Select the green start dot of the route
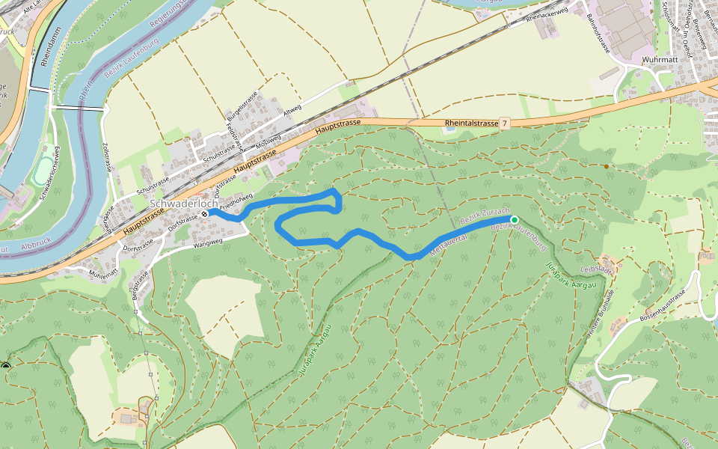(x=514, y=219)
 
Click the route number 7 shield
(x=505, y=123)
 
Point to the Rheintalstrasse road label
(x=470, y=123)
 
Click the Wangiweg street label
(x=209, y=242)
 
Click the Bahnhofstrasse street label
(x=598, y=33)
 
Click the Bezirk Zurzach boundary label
(x=484, y=218)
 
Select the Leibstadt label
(x=596, y=269)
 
